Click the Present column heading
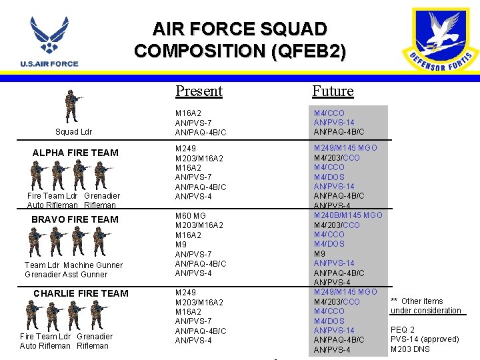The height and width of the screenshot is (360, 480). [199, 91]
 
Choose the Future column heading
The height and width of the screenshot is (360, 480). [333, 91]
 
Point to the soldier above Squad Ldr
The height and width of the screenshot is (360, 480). [71, 105]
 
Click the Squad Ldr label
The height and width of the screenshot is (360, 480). [74, 132]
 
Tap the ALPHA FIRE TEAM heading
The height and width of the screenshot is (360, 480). [75, 153]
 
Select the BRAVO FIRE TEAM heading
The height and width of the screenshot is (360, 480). [75, 219]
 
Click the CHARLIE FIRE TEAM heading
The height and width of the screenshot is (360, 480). [81, 293]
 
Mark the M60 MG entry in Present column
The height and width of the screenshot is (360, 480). [191, 215]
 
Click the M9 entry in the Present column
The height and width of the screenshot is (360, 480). [181, 245]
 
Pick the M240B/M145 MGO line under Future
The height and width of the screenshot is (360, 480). [348, 215]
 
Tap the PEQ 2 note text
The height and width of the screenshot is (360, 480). [403, 330]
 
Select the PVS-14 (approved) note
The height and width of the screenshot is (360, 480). [425, 339]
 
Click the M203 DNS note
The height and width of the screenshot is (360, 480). [410, 349]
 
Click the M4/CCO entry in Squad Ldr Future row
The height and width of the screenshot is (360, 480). [329, 113]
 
